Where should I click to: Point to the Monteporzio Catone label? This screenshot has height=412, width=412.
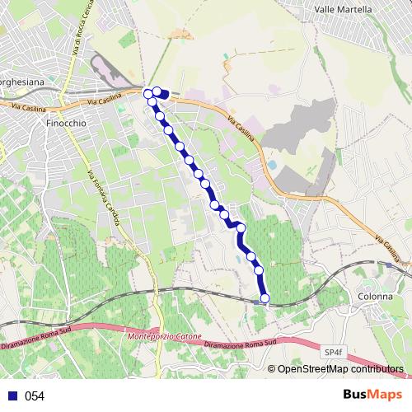pyautogui.click(x=165, y=337)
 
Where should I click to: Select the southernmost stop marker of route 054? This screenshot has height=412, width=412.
pyautogui.click(x=265, y=298)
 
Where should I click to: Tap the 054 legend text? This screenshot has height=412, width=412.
pyautogui.click(x=35, y=396)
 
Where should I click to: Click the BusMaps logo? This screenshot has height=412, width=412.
pyautogui.click(x=373, y=395)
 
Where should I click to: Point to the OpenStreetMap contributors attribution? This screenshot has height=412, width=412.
pyautogui.click(x=339, y=370)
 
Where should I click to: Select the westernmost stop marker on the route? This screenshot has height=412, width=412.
pyautogui.click(x=148, y=94)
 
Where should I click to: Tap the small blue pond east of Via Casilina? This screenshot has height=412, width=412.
pyautogui.click(x=272, y=165)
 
